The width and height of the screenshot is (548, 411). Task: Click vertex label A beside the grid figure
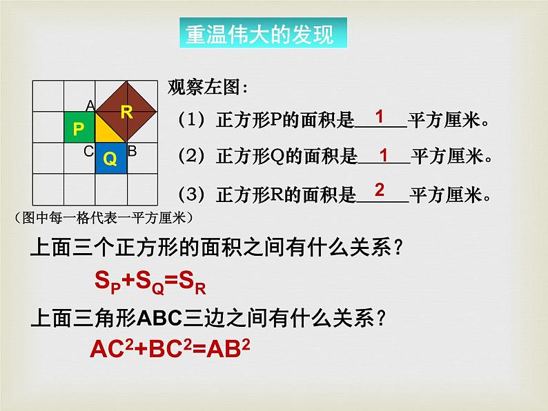click(90, 106)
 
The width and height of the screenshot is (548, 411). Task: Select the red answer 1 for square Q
click(384, 153)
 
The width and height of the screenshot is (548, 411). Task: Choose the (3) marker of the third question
click(187, 196)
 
